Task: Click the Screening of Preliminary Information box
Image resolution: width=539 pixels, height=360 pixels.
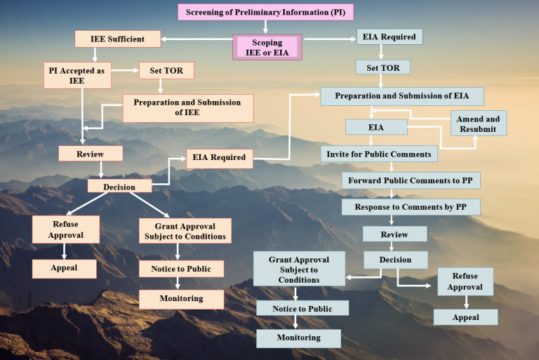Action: click(265, 13)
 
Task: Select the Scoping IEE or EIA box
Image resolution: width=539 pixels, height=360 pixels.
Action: click(267, 47)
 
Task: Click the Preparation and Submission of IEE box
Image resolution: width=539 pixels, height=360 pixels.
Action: click(187, 108)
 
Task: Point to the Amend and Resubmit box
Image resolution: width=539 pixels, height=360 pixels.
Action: click(479, 124)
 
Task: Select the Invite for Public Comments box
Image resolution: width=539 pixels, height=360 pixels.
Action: click(380, 154)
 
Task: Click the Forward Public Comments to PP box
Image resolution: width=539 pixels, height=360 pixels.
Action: click(411, 180)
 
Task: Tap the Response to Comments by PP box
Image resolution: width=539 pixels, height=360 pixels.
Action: click(411, 207)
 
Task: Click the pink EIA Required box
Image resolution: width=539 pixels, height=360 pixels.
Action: click(219, 158)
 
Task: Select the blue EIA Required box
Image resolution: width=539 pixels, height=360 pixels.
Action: click(390, 36)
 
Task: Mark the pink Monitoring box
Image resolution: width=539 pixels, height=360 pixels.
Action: click(181, 299)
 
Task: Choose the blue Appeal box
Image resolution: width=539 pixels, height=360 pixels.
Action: click(465, 317)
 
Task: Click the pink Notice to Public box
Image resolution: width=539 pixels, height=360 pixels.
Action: click(181, 269)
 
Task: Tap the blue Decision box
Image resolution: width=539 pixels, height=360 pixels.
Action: click(395, 260)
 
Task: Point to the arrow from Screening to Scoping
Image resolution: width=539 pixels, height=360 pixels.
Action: click(266, 27)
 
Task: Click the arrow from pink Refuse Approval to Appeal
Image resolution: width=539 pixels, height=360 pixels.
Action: click(65, 251)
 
